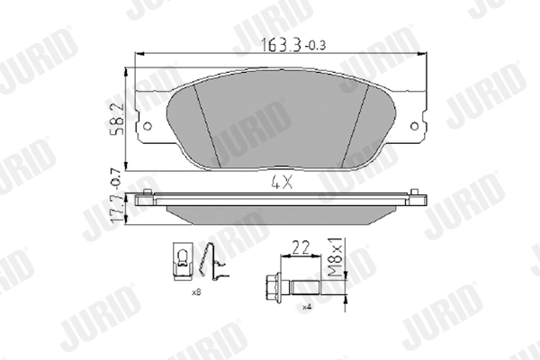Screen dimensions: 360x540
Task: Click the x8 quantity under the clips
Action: (x=195, y=292)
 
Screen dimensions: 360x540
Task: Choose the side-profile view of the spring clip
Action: (x=211, y=265)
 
